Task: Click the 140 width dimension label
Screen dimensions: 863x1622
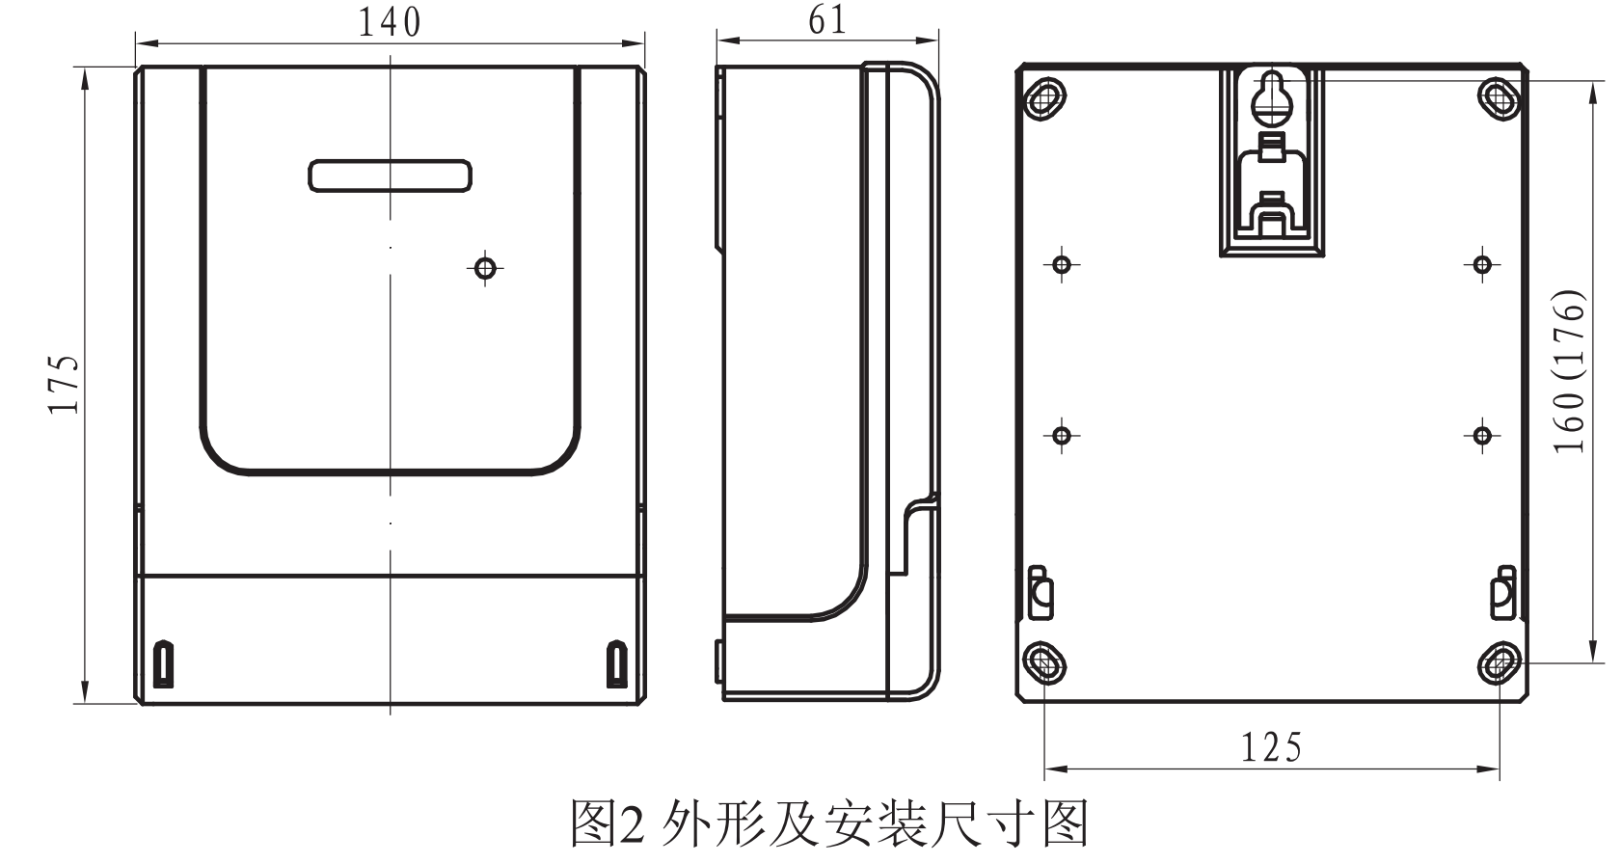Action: pyautogui.click(x=390, y=21)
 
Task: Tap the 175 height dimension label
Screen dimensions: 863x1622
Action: pyautogui.click(x=65, y=384)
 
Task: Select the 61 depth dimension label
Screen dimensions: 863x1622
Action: pyautogui.click(x=826, y=20)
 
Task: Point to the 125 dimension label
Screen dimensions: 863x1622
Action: pyautogui.click(x=1271, y=747)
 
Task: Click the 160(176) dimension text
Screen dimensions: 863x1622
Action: pyautogui.click(x=1570, y=371)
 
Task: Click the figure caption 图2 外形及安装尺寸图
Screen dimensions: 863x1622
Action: pyautogui.click(x=829, y=823)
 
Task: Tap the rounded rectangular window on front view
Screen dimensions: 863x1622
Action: pyautogui.click(x=390, y=175)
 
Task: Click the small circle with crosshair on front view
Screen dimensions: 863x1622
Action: pyautogui.click(x=486, y=267)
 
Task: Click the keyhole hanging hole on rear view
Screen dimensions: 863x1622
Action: pyautogui.click(x=1272, y=98)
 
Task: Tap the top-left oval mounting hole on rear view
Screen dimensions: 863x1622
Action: pyautogui.click(x=1043, y=96)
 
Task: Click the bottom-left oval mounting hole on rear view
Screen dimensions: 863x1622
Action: pyautogui.click(x=1043, y=662)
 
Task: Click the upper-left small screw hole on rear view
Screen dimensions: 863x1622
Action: pyautogui.click(x=1062, y=264)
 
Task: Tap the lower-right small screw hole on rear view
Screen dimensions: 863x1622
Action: pyautogui.click(x=1482, y=436)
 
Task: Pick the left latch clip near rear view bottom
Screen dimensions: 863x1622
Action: pyautogui.click(x=1041, y=592)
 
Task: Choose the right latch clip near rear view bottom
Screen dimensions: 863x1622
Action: pyautogui.click(x=1502, y=592)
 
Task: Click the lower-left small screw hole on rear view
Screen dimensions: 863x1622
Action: pyautogui.click(x=1062, y=436)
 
